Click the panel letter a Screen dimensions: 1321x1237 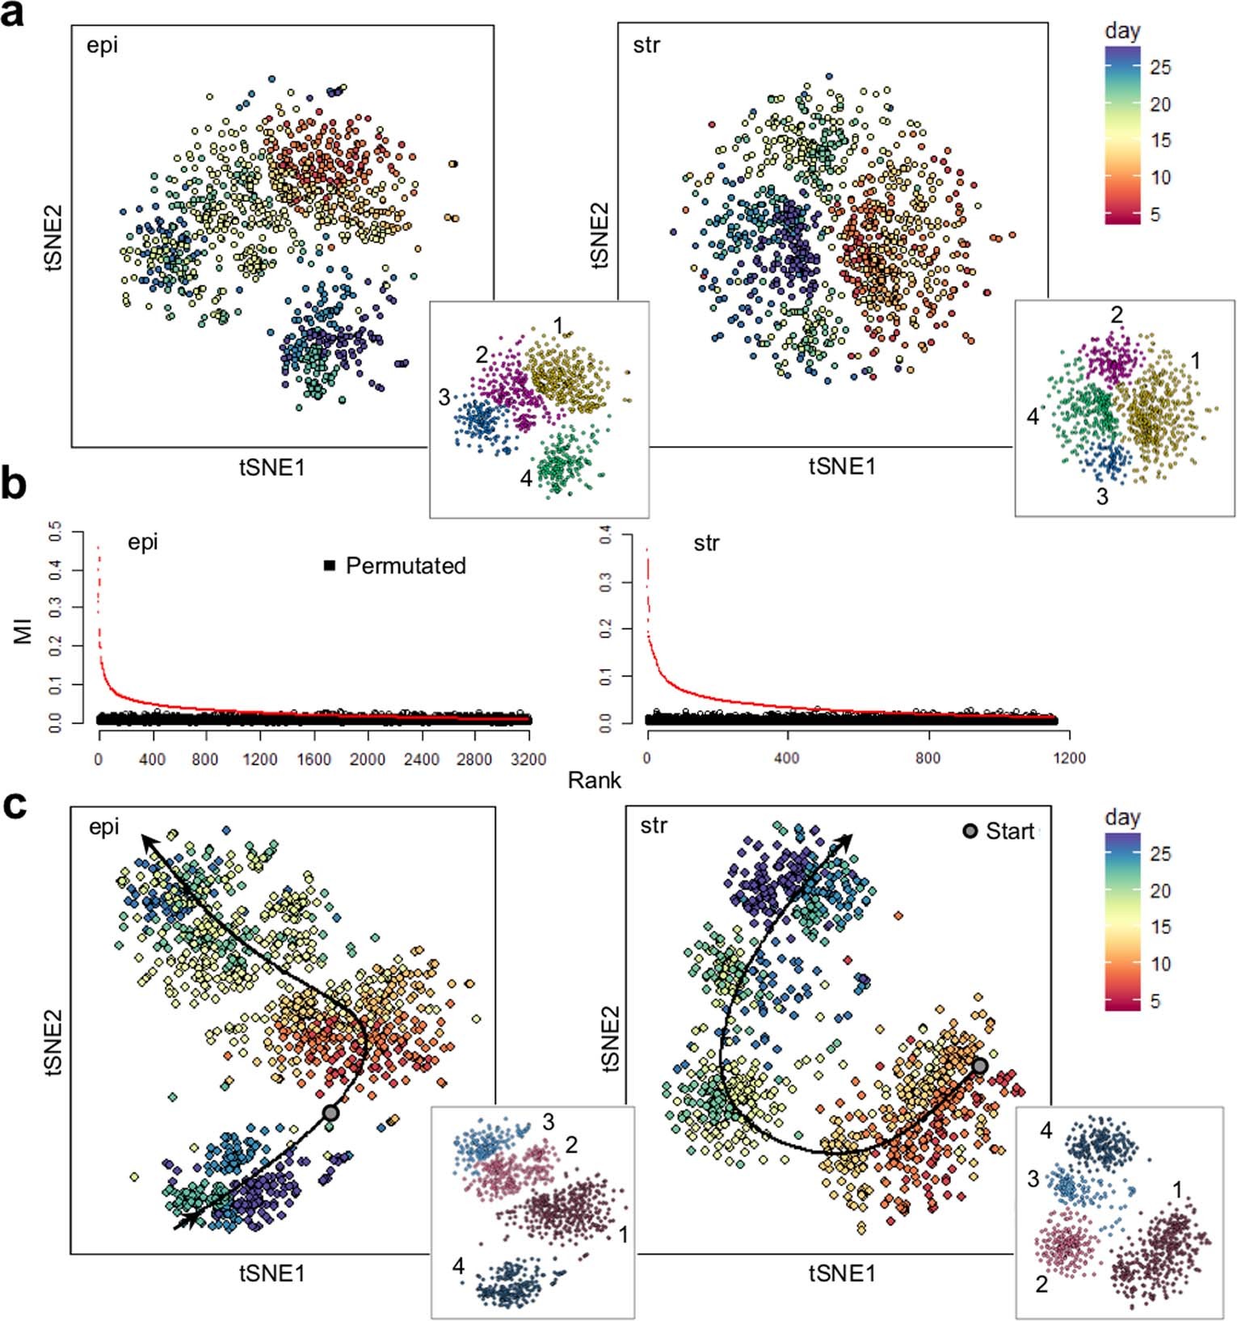click(x=13, y=15)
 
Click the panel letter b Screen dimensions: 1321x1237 click(x=15, y=484)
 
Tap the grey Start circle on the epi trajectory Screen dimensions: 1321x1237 click(x=330, y=1113)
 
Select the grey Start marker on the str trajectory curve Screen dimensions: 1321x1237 click(x=979, y=1066)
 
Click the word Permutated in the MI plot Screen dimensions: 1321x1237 click(x=406, y=566)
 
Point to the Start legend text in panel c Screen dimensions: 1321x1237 click(x=1010, y=831)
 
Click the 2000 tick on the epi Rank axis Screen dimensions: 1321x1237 click(x=367, y=759)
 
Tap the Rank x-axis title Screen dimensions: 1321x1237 click(x=594, y=780)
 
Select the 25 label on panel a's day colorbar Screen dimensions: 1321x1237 click(x=1160, y=67)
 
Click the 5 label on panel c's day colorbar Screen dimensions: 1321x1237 click(x=1155, y=1001)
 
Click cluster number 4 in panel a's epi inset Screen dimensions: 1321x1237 click(x=526, y=478)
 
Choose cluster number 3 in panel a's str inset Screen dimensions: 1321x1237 click(x=1102, y=496)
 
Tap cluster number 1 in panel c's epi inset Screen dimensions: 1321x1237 click(x=623, y=1234)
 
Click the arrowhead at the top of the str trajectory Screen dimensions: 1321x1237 click(x=845, y=841)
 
